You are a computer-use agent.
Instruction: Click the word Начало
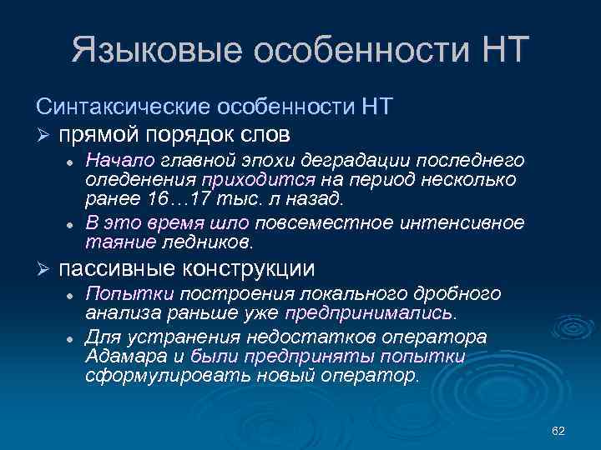tap(113, 160)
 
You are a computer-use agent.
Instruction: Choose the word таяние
tap(120, 242)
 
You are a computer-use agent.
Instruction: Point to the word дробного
tap(456, 294)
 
